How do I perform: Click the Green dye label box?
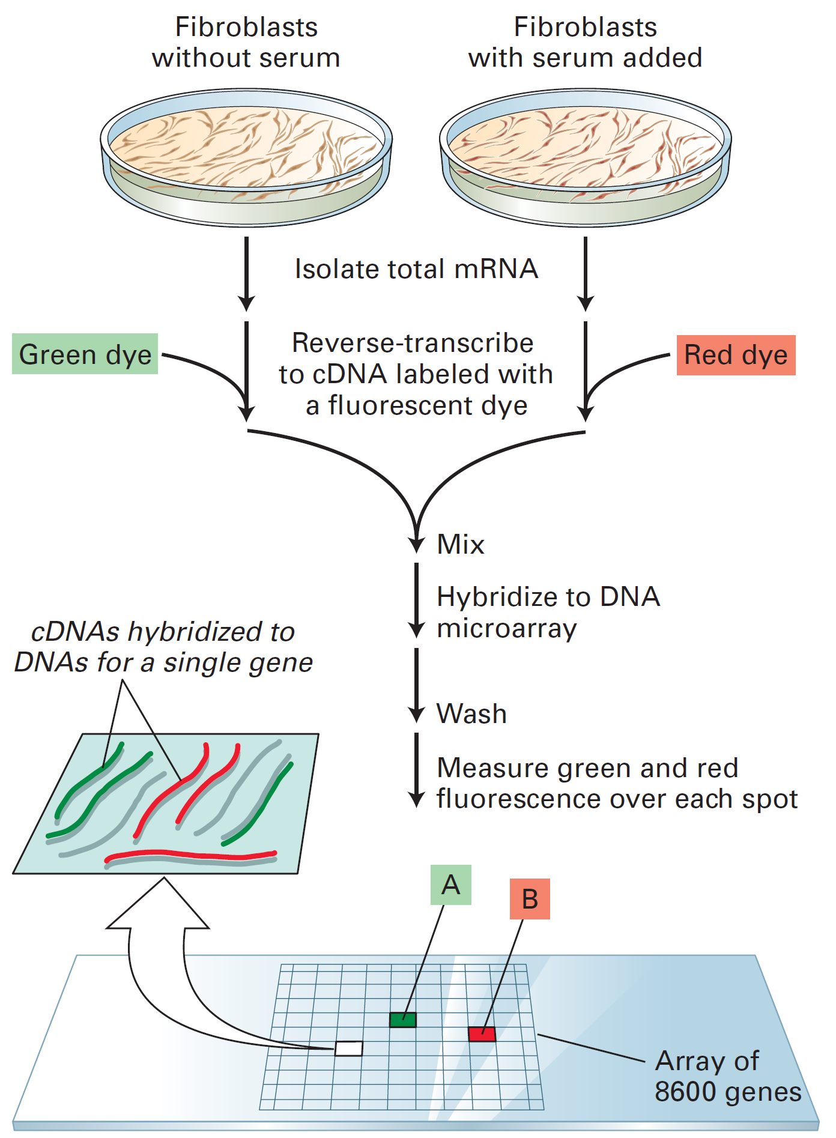tap(85, 354)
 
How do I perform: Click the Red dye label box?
tap(736, 355)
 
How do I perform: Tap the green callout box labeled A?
tap(450, 885)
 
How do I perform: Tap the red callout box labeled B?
tap(530, 899)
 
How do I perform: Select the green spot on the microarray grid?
tap(402, 1020)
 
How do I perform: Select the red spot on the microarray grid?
tap(482, 1034)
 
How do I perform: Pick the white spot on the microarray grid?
tap(349, 1049)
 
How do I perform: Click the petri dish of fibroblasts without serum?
tap(246, 157)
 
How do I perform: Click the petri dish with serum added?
tap(586, 157)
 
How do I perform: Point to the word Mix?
tap(461, 544)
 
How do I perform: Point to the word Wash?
tap(471, 714)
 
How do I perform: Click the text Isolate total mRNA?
tap(416, 269)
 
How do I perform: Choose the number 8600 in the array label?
tap(683, 1092)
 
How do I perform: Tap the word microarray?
tap(506, 629)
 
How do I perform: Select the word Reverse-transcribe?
tap(413, 343)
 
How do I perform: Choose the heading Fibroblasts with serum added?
tap(585, 42)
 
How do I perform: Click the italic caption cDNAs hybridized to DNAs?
tap(163, 647)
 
